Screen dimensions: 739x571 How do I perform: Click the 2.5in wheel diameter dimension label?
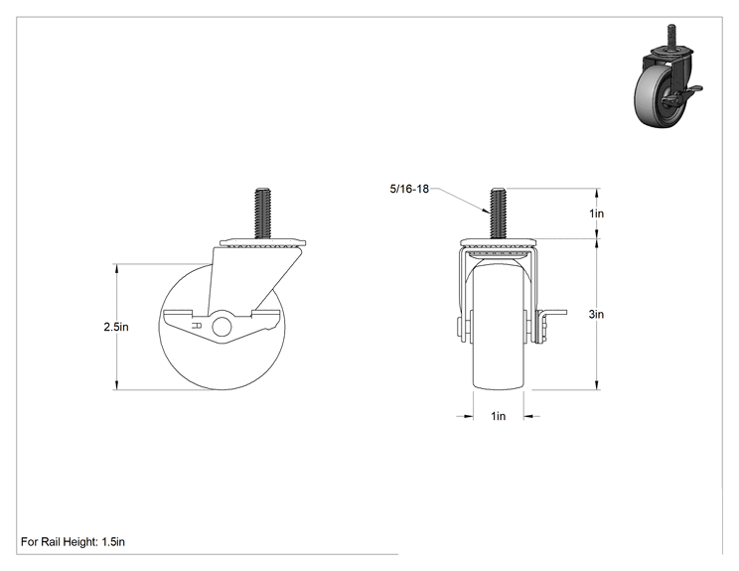pos(116,327)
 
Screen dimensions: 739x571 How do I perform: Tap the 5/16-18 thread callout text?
pos(409,189)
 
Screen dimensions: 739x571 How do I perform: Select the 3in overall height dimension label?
pos(596,314)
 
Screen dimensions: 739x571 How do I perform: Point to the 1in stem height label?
pos(596,214)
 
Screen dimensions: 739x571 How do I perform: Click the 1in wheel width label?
pos(499,416)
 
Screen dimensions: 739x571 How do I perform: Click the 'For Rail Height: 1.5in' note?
pos(74,542)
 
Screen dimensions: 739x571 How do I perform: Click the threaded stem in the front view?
pos(498,214)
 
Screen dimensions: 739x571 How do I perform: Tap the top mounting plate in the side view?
pos(263,242)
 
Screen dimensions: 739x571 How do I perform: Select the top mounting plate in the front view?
pos(499,242)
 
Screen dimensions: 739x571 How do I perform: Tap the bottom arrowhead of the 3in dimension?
pos(597,384)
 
